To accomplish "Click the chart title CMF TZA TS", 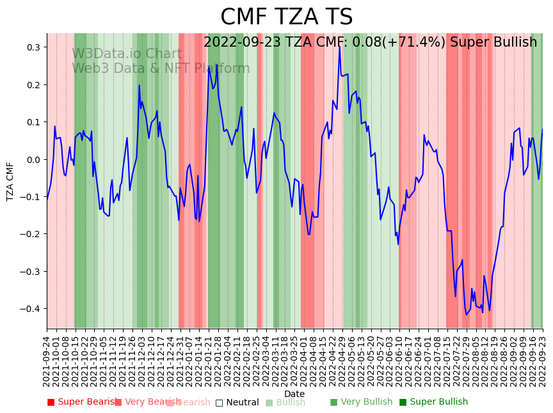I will coord(286,17).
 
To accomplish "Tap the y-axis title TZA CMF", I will coord(10,182).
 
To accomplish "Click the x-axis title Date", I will coord(294,394).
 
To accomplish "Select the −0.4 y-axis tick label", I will coord(29,309).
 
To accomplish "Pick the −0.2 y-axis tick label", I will coord(29,234).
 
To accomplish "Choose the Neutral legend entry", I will coord(237,402).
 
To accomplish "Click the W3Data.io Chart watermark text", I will coord(127,54).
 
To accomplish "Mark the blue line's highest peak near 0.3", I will coord(339,47).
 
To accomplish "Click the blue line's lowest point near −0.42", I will coord(467,315).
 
